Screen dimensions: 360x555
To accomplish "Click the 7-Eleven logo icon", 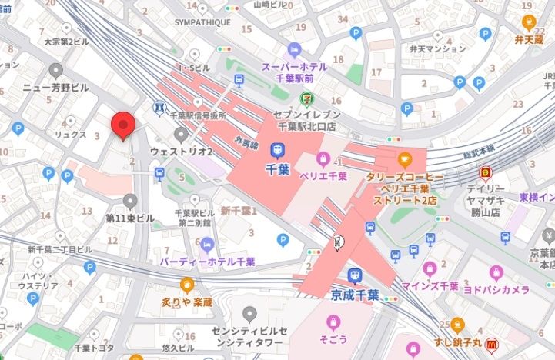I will pyautogui.click(x=306, y=98).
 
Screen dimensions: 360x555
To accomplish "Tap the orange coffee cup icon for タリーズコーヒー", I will pyautogui.click(x=404, y=160).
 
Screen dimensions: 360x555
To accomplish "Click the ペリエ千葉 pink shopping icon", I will pyautogui.click(x=322, y=159).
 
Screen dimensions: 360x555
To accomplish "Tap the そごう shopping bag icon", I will pyautogui.click(x=333, y=321).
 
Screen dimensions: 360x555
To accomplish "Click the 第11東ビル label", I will pyautogui.click(x=130, y=218).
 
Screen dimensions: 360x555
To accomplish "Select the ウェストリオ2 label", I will pyautogui.click(x=181, y=152).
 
